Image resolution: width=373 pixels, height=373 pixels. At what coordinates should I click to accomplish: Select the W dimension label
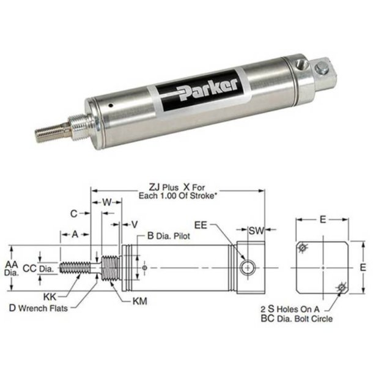106,202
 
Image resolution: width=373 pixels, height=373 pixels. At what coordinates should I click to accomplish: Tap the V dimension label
135,224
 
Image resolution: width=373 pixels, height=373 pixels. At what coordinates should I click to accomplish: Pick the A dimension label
75,234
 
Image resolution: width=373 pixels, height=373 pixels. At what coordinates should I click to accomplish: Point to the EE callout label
202,225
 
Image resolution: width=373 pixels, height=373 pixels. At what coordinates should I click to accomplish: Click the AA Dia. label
11,268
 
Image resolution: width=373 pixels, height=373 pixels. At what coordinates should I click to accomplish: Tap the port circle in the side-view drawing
247,267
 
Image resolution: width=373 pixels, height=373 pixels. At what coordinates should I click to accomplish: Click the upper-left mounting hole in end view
303,247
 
